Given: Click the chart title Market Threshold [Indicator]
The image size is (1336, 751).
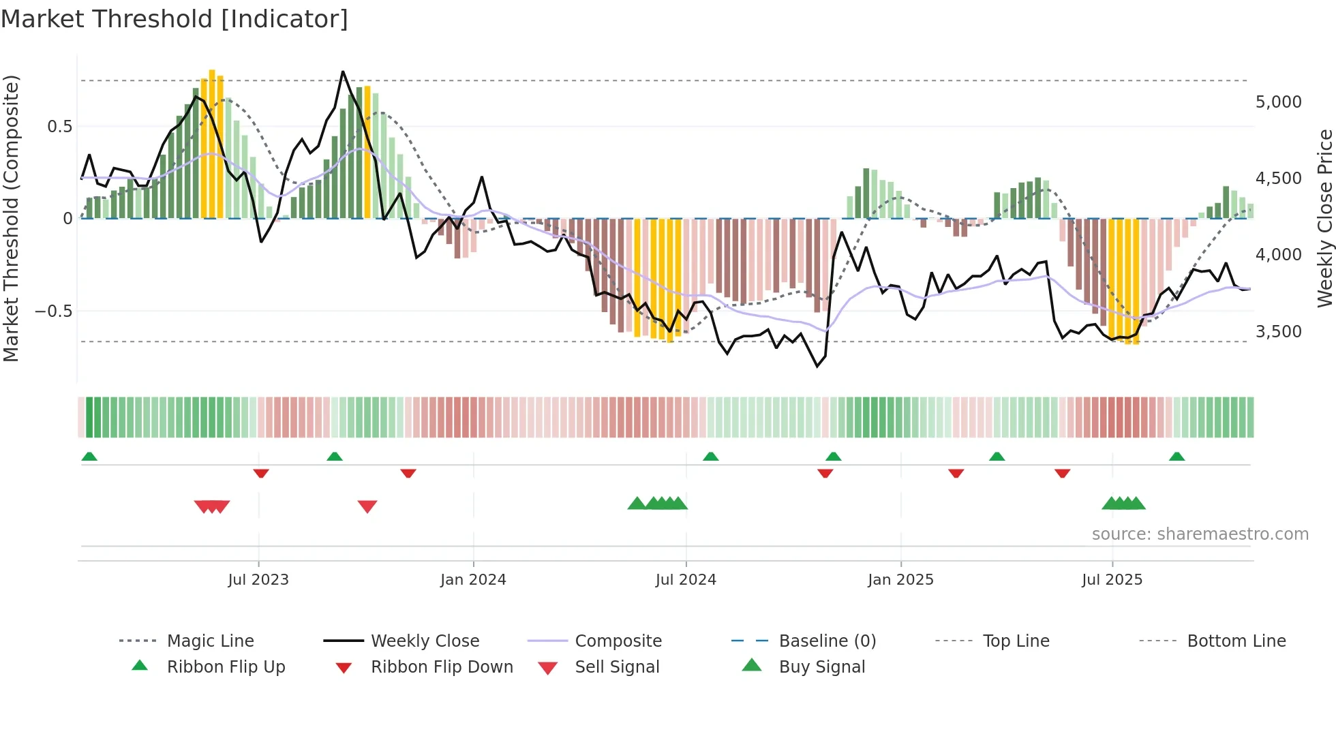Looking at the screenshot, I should click(x=174, y=19).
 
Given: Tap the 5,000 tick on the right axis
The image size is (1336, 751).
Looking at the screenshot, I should click(x=1278, y=102).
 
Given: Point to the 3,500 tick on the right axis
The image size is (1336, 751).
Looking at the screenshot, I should click(x=1278, y=332).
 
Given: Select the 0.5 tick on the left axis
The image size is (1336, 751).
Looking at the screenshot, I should click(x=60, y=127).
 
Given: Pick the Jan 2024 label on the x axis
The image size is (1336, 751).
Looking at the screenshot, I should click(x=473, y=580).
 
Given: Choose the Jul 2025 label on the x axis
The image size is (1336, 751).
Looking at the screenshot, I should click(x=1112, y=580).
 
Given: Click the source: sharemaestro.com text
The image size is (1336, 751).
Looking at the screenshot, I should click(x=1200, y=534).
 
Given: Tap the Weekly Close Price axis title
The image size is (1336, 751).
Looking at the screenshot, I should click(x=1324, y=218).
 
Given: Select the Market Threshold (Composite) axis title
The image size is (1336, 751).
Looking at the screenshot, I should click(x=11, y=218).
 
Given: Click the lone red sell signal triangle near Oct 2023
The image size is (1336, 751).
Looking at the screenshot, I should click(x=367, y=506).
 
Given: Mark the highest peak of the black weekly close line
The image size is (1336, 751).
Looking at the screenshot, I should click(x=343, y=72).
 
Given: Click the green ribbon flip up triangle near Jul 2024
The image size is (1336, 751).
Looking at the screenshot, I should click(x=711, y=456).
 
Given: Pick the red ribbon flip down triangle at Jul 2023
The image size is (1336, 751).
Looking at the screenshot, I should click(x=261, y=473).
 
